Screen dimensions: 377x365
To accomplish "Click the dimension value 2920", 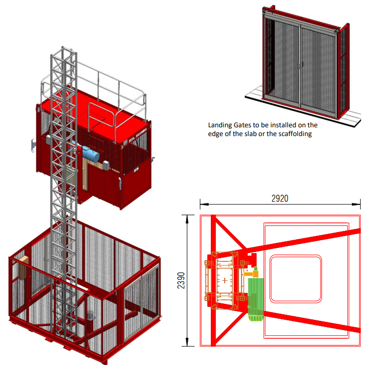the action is coord(280,199).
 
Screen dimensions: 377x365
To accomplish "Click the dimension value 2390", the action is coord(181,280).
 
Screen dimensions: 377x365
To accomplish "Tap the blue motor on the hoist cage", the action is coord(91,152).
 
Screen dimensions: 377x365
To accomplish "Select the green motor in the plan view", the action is coord(255,300).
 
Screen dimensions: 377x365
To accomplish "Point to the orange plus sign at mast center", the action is coord(225,280).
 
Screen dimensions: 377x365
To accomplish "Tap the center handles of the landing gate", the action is coord(300,65).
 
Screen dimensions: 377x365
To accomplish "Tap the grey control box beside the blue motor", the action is coord(106,165).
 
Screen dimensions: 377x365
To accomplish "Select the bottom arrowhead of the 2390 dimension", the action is coord(188,342).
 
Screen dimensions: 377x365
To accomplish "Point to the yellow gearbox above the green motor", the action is coord(251,273).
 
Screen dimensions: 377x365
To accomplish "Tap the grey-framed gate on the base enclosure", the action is coord(142,302).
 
